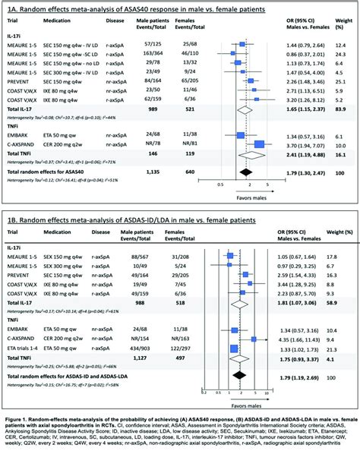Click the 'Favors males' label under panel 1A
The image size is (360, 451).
pos(251,194)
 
